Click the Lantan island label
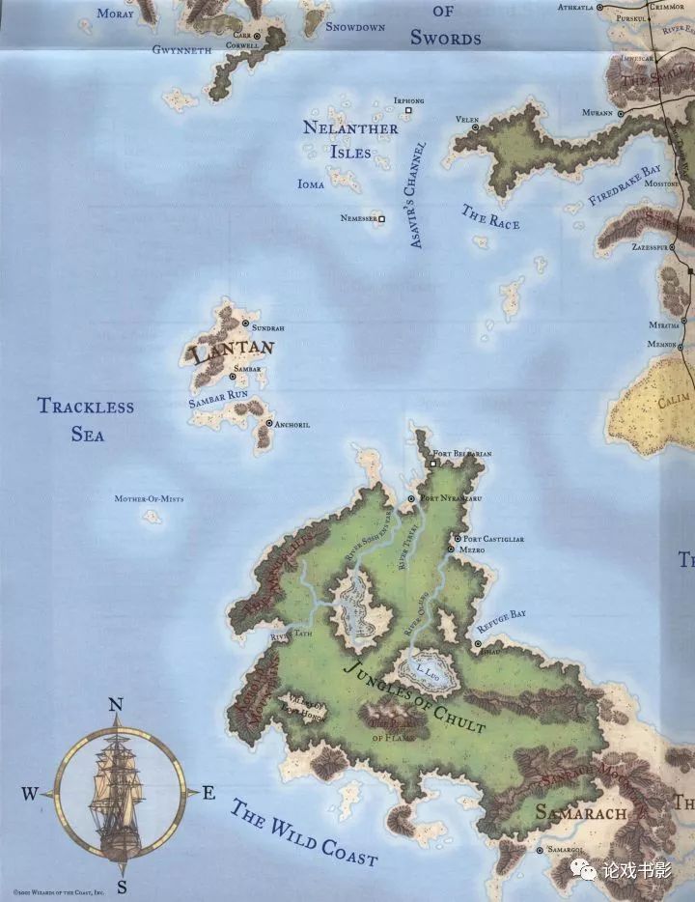pos(234,352)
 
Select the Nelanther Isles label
pos(349,140)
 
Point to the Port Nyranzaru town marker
pos(412,498)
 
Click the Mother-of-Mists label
pos(149,499)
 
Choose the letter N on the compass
pos(116,705)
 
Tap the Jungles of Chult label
pos(414,695)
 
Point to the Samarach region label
pos(580,812)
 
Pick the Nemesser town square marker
pos(382,219)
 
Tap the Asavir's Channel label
pos(417,196)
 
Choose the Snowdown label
pos(355,27)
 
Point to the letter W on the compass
pos(30,794)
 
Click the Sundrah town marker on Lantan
pos(245,324)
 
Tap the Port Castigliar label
pos(493,539)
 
